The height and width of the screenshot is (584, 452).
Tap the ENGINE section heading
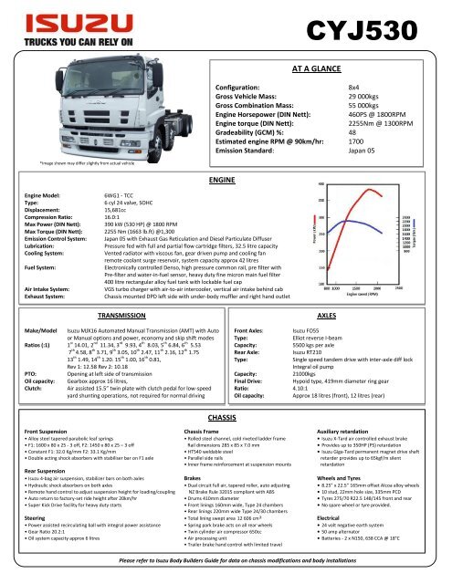[x=223, y=156]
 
